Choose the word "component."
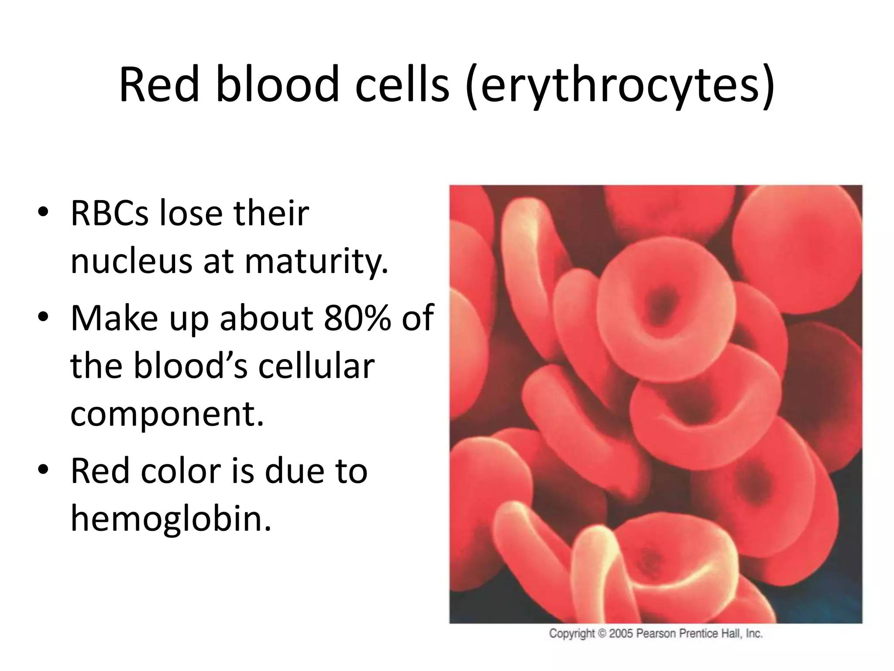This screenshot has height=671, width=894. click(x=167, y=414)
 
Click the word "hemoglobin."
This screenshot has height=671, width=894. click(x=171, y=518)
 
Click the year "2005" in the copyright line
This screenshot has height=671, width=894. click(x=621, y=633)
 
